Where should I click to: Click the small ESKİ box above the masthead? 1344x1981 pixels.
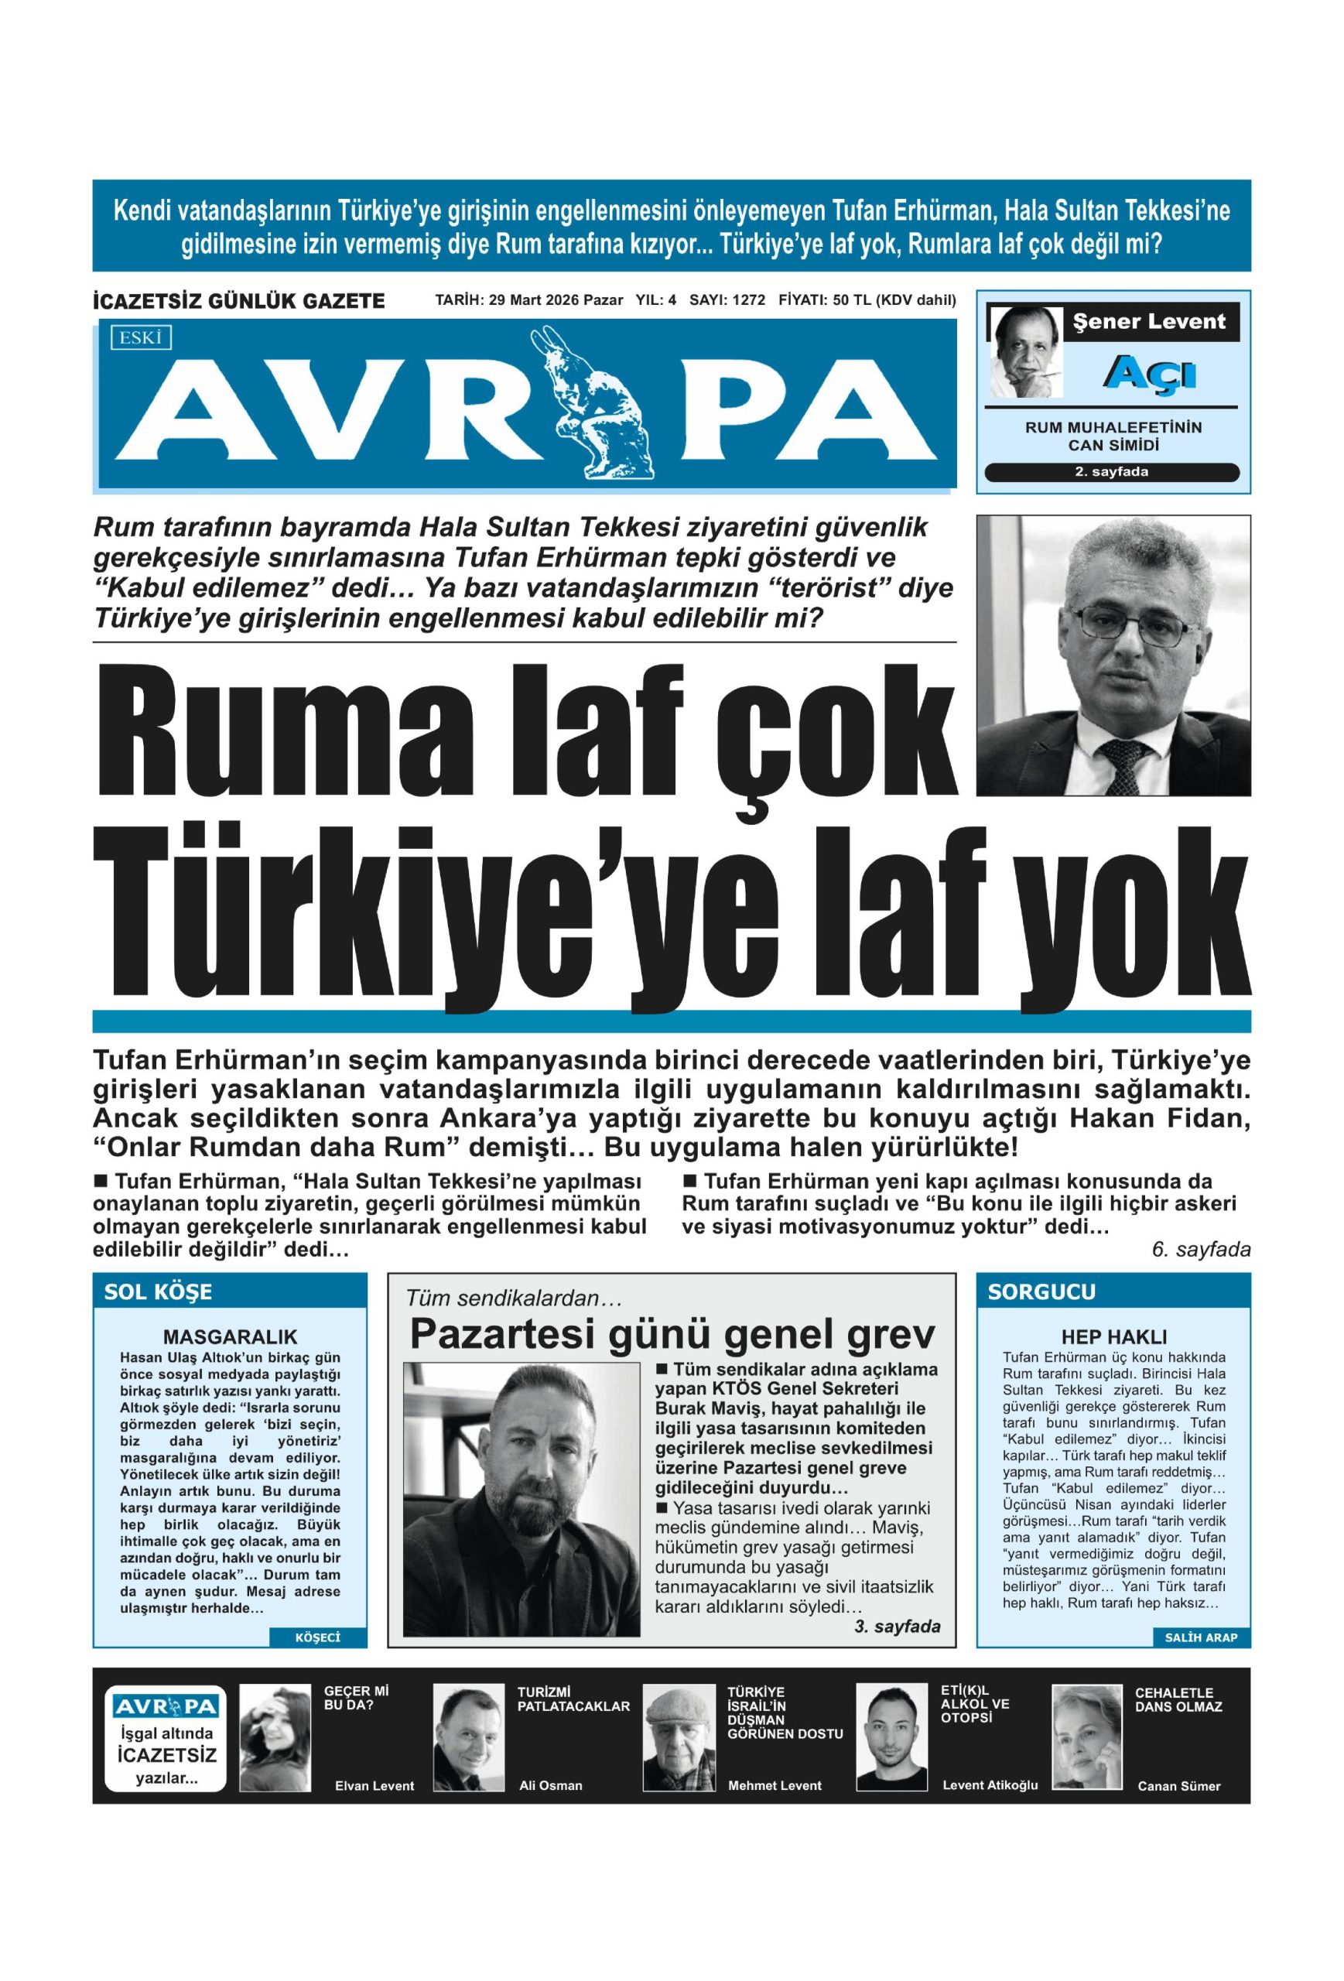point(141,337)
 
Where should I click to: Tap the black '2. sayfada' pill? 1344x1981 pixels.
point(1110,471)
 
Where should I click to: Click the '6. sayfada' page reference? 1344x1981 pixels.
point(1200,1250)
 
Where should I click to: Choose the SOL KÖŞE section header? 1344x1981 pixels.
point(159,1292)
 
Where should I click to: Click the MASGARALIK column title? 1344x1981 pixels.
point(230,1336)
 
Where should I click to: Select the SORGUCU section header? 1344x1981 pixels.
point(1041,1292)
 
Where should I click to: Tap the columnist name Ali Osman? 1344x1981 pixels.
point(551,1785)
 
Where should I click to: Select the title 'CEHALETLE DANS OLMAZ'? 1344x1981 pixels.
point(1178,1699)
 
